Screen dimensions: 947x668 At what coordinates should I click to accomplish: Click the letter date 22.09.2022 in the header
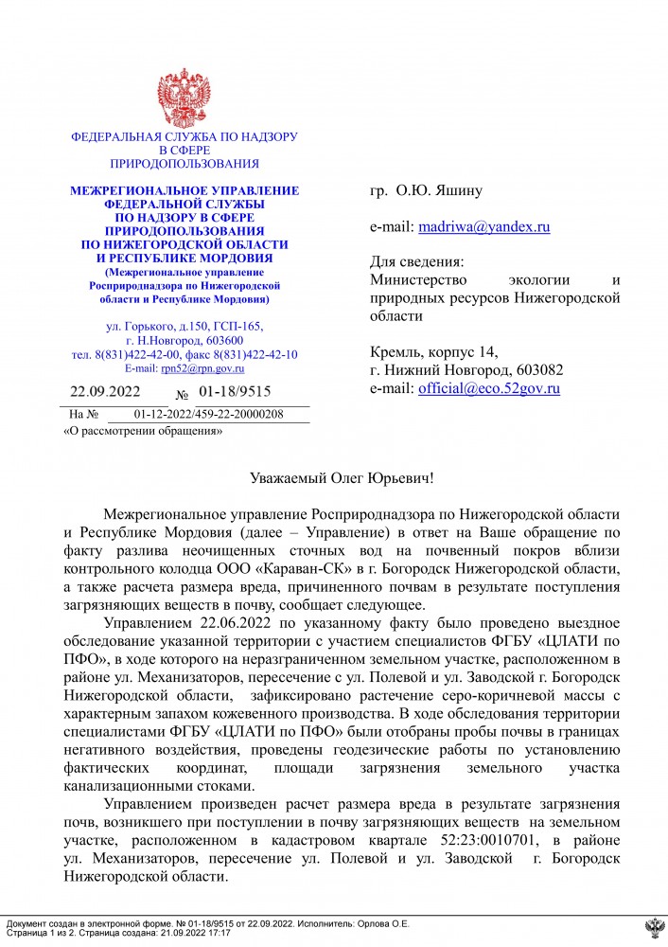pos(105,391)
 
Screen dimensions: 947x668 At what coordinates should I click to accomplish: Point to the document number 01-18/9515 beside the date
pos(235,391)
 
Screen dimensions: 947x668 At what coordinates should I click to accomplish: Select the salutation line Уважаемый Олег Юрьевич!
pos(341,479)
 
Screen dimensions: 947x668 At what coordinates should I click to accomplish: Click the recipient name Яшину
pos(457,191)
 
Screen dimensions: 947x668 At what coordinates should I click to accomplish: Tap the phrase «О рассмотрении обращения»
pos(143,431)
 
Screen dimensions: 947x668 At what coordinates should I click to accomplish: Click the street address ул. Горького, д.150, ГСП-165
pos(185,327)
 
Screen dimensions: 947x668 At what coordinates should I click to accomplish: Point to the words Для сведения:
pos(416,261)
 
